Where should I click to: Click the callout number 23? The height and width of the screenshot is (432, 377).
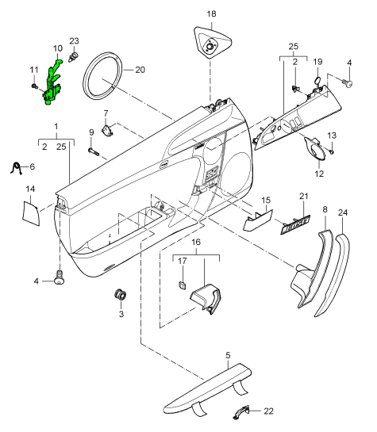point(75,40)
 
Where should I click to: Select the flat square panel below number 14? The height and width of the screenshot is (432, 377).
point(30,212)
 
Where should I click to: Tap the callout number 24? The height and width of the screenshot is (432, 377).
point(343,212)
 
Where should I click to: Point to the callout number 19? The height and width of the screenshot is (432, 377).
point(317,62)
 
